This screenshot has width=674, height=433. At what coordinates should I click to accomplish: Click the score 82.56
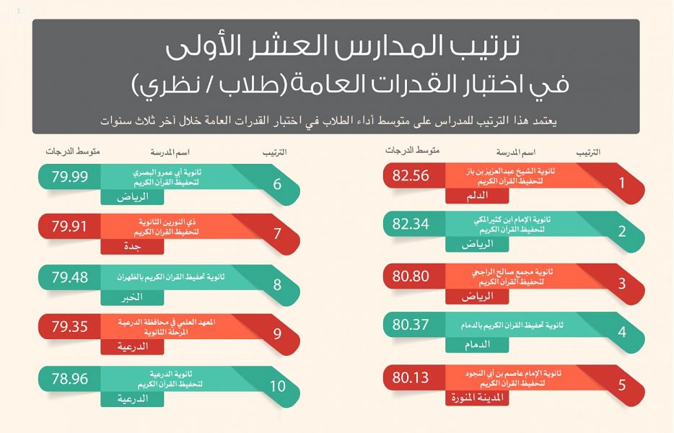coord(411,175)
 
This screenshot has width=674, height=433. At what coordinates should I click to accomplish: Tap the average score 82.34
coord(411,224)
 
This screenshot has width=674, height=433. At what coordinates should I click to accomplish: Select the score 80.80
coord(411,275)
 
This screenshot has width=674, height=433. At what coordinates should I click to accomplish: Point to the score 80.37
coord(411,325)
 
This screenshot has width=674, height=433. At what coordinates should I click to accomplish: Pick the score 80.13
coord(411,377)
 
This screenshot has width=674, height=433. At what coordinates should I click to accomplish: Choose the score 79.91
coord(69,226)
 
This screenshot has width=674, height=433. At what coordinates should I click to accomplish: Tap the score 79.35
coord(69,326)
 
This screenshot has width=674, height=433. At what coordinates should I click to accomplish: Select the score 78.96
coord(69,377)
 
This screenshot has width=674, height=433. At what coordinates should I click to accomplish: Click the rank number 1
coord(622,183)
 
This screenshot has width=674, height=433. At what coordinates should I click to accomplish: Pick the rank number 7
coord(277,234)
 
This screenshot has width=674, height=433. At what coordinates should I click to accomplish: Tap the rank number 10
coord(277,386)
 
